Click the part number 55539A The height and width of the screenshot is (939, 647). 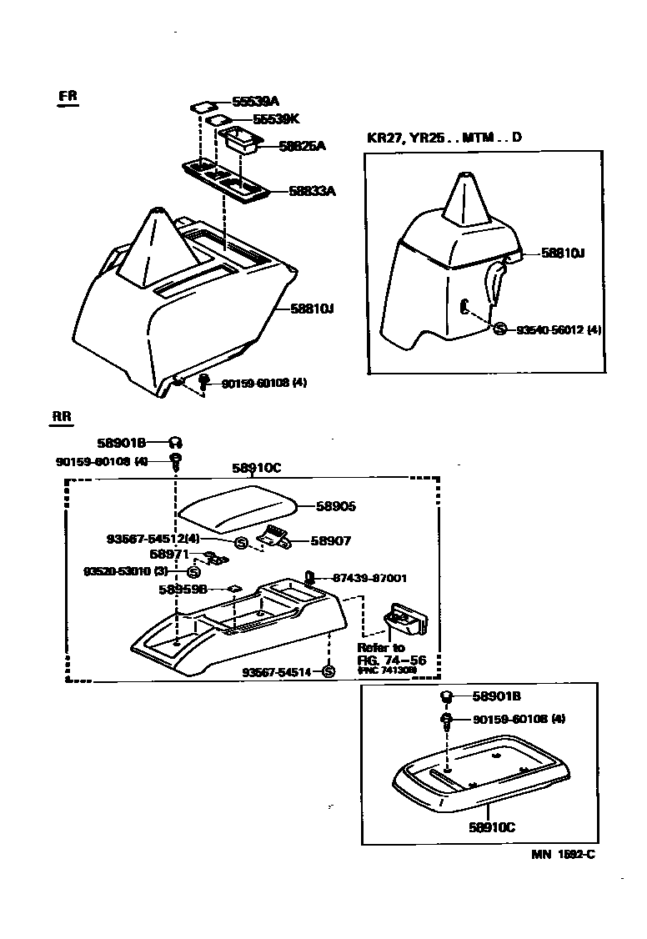tap(255, 102)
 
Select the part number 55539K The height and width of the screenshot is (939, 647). tap(255, 120)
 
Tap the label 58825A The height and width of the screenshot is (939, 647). tap(302, 146)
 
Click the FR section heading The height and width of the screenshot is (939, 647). tap(68, 96)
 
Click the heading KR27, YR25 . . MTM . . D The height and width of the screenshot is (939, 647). tap(444, 138)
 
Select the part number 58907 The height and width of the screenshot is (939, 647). tap(331, 541)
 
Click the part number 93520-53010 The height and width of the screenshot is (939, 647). tap(125, 572)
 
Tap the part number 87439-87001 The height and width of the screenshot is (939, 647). tap(369, 577)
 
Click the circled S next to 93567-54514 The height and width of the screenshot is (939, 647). tap(328, 672)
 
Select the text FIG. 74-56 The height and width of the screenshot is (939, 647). tap(392, 660)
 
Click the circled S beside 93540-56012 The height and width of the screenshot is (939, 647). tap(499, 329)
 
